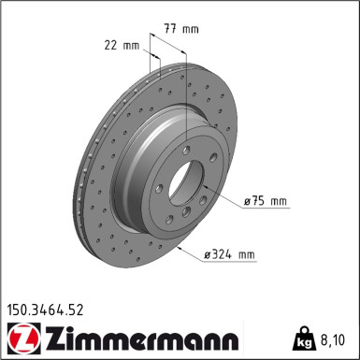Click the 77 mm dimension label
click(181, 29)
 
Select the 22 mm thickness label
click(122, 46)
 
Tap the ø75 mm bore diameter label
click(265, 201)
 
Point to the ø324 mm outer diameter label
click(229, 254)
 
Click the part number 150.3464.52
click(45, 310)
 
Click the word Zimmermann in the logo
click(142, 338)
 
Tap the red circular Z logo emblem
click(23, 338)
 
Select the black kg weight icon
click(304, 338)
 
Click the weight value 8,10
click(333, 339)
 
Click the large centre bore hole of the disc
click(186, 183)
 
